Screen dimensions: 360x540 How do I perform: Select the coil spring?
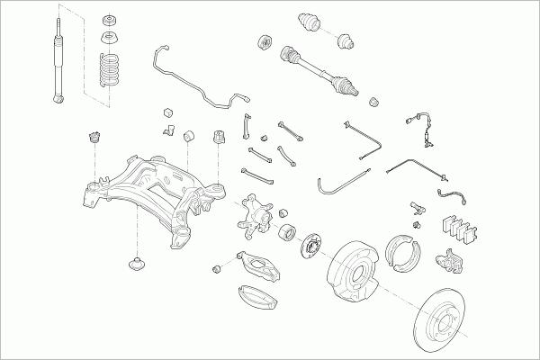pyautogui.click(x=109, y=71)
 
